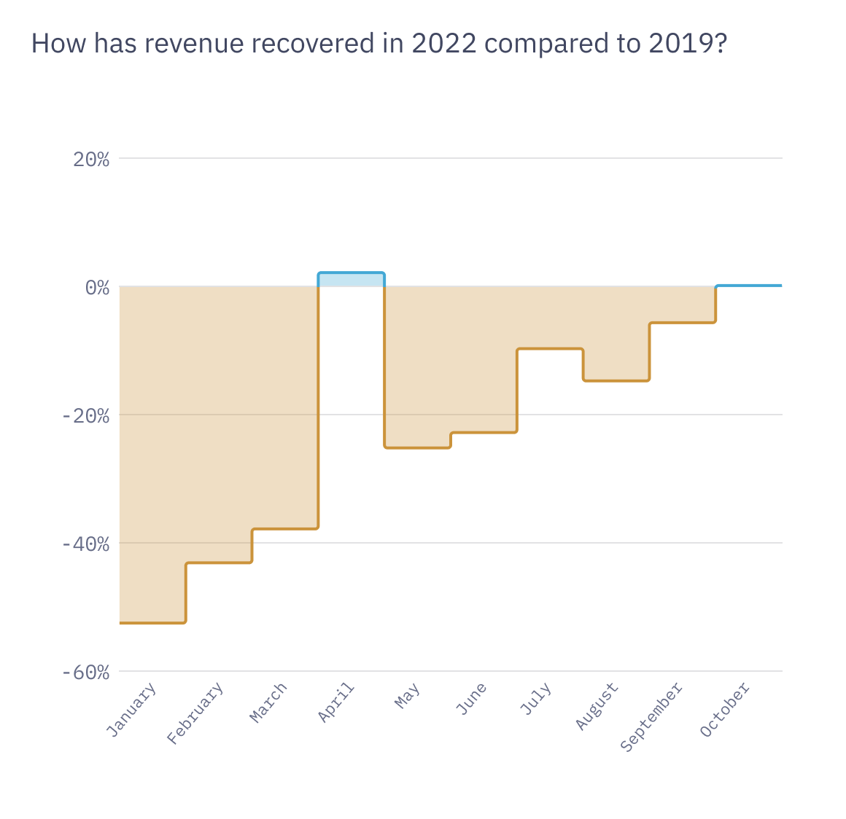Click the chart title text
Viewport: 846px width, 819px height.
pos(379,44)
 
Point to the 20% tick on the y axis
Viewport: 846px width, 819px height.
pos(91,160)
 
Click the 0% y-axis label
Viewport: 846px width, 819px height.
pos(97,288)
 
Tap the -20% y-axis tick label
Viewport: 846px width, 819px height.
pos(85,416)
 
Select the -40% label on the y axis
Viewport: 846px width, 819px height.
pos(85,544)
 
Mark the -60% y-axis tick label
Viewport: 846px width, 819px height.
pos(85,673)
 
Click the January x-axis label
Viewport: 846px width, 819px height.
pos(132,710)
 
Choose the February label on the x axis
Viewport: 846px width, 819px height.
pos(195,714)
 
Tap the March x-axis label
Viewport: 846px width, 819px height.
pos(268,703)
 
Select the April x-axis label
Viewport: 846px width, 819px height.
pos(336,702)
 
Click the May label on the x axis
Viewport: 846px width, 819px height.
pos(407,696)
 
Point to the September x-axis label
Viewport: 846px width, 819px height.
pos(651,718)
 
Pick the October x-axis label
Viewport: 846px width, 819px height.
pos(725,710)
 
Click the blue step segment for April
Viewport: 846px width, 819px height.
pos(351,273)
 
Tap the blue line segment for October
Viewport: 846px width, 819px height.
pos(749,286)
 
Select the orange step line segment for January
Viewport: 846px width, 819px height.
pos(152,622)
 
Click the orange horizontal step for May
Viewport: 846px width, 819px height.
pos(417,447)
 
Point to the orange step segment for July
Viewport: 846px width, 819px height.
pos(550,349)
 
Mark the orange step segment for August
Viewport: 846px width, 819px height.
pos(616,380)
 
